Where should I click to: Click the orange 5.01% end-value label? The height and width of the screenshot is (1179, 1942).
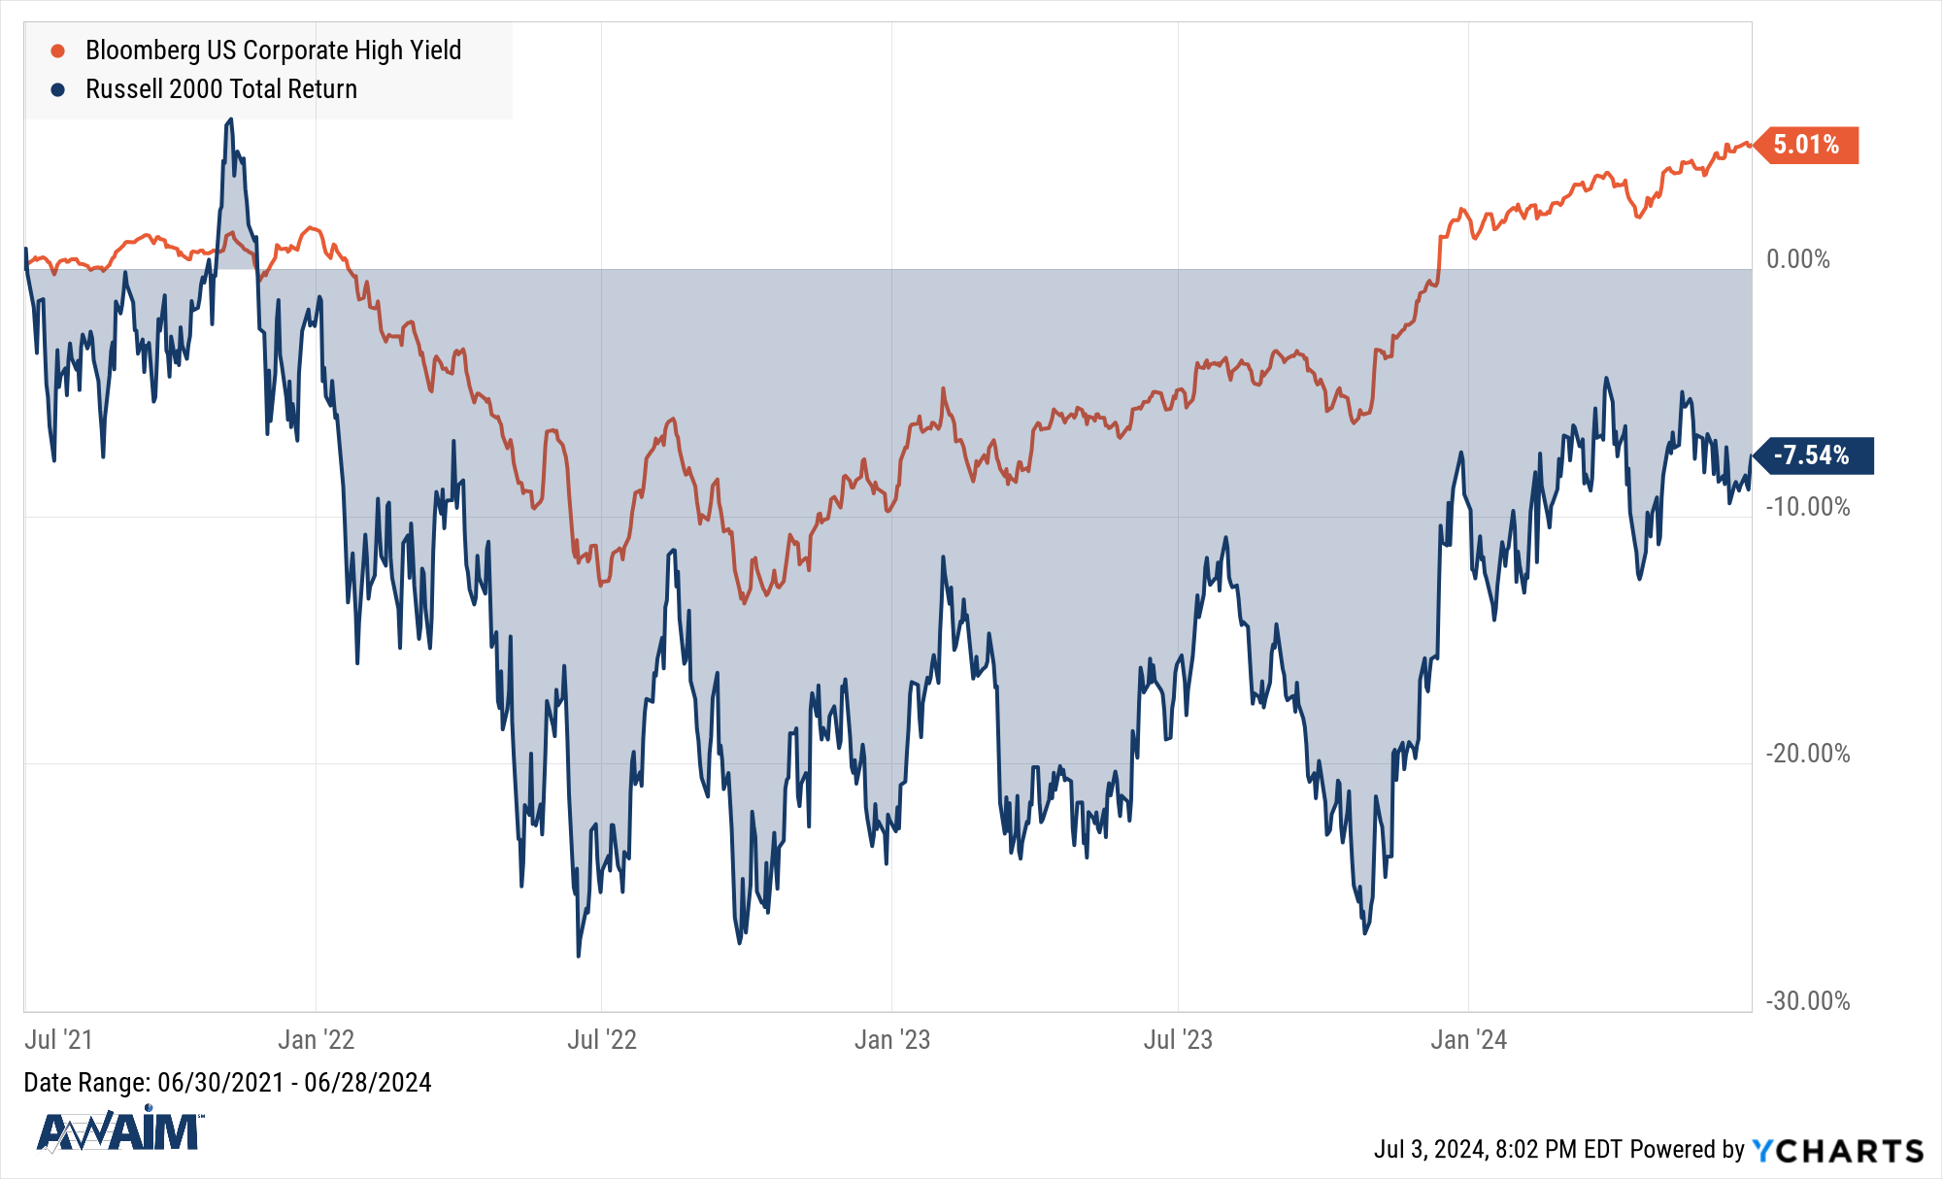(1807, 145)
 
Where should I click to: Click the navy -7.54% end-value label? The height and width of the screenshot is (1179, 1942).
(1812, 455)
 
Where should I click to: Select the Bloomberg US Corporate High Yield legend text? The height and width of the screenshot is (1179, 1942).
(273, 51)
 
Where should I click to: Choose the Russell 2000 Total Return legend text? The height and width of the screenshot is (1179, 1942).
(221, 89)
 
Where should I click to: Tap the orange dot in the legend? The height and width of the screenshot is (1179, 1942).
(58, 51)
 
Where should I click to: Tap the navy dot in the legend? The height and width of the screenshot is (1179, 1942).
(58, 89)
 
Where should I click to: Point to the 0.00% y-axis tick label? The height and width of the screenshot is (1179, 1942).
(1797, 259)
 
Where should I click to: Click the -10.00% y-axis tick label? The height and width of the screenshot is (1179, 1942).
(1807, 507)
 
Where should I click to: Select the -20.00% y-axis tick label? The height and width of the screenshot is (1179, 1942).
(1807, 754)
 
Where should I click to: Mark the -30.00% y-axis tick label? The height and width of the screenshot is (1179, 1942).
(1807, 1001)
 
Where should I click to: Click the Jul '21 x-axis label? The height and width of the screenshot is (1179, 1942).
(58, 1040)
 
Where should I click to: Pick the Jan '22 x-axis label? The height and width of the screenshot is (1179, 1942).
(316, 1040)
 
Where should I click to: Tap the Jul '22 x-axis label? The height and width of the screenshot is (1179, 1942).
(601, 1040)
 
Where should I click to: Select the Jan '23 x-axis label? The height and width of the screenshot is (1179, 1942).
(891, 1040)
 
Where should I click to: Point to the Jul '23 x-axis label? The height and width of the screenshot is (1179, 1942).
(1178, 1040)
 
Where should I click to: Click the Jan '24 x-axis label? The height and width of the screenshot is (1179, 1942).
(1468, 1040)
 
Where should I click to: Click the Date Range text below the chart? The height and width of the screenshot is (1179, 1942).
(227, 1083)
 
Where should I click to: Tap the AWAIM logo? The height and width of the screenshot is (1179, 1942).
(118, 1130)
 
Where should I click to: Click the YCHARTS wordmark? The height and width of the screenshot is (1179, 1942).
(1837, 1151)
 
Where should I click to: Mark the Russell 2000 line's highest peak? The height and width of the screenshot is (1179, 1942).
(230, 119)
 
